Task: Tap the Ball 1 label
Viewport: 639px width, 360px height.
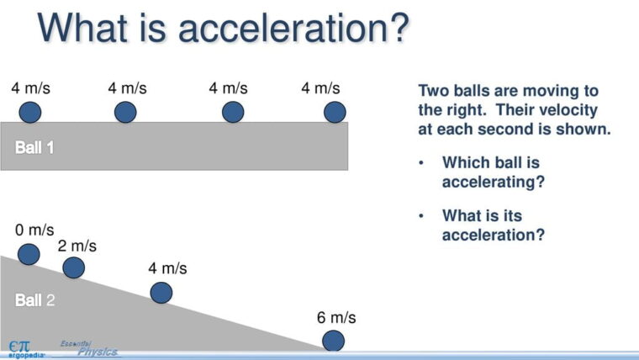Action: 34,147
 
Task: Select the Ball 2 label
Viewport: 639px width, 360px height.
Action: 34,299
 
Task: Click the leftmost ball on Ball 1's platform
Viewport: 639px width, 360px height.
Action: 30,112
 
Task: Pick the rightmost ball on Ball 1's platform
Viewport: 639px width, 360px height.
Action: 335,112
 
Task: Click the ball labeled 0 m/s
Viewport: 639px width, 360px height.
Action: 29,254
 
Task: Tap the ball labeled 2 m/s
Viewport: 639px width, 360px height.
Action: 74,267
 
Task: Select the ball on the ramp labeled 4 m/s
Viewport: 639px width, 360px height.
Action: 161,293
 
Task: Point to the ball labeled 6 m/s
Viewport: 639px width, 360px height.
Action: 333,341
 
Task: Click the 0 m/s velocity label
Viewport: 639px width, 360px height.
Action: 34,230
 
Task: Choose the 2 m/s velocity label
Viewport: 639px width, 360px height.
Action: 77,246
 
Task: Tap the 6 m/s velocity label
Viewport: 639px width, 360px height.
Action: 336,317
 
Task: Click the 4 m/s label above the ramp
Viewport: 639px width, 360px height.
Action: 167,268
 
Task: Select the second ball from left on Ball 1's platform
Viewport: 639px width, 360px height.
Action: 125,112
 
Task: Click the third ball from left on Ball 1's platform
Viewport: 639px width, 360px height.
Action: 233,112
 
